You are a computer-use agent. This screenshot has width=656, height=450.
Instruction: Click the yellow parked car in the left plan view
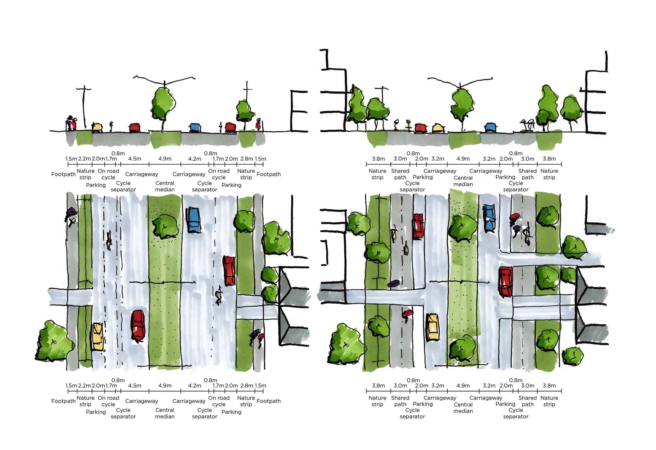[97, 336]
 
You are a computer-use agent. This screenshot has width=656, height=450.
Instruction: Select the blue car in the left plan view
[194, 220]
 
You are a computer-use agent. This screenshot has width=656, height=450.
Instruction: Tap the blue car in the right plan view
[489, 218]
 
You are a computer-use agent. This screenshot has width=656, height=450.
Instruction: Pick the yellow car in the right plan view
[432, 327]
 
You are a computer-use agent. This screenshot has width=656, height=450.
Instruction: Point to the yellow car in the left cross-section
[97, 127]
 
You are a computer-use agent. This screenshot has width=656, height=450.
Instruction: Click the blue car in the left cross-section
[195, 127]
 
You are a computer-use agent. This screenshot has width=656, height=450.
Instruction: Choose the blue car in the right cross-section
[490, 127]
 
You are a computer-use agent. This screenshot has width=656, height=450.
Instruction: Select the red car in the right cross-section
[421, 128]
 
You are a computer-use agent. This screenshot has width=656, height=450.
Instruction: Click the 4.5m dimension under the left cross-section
[135, 159]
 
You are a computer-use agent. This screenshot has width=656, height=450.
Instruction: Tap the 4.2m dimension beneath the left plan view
[194, 385]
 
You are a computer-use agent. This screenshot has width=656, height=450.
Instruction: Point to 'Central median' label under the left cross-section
[165, 186]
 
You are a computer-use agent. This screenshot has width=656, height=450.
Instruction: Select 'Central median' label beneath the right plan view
[463, 408]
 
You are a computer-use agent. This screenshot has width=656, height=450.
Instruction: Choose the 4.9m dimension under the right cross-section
[463, 159]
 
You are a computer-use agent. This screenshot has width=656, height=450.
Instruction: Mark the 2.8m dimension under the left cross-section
[247, 159]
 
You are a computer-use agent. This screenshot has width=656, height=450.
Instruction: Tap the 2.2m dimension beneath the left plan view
[84, 385]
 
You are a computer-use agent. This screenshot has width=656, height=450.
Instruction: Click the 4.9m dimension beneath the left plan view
[165, 385]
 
